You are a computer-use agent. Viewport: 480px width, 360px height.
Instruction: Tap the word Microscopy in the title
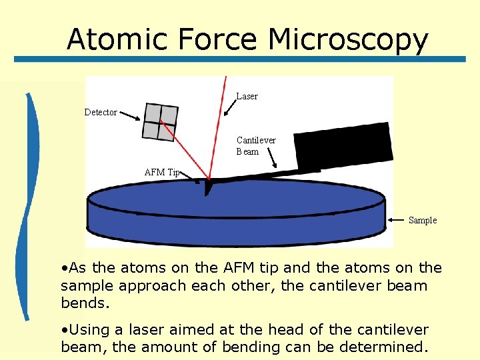[x=347, y=40]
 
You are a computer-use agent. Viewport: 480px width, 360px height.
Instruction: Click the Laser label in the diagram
[x=247, y=97]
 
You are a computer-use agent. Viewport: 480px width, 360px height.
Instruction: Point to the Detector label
[x=101, y=112]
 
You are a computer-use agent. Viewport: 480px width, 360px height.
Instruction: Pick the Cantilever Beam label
[x=255, y=146]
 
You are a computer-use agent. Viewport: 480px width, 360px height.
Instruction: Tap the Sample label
[x=422, y=220]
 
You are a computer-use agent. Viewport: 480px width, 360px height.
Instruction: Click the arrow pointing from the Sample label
[x=397, y=219]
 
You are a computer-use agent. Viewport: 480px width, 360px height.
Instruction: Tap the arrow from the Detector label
[x=130, y=116]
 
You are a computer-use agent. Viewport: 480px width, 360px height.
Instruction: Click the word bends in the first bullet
[x=84, y=303]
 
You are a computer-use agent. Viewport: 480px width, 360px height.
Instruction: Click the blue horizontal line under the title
[x=240, y=59]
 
